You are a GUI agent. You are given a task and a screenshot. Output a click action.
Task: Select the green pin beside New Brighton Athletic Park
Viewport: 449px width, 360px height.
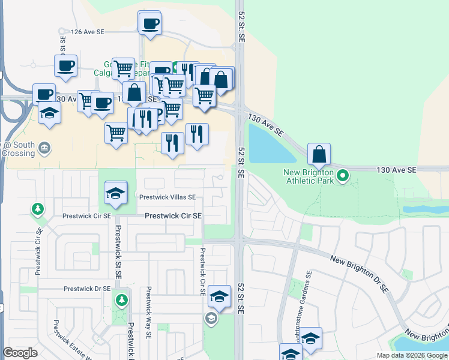point(343,176)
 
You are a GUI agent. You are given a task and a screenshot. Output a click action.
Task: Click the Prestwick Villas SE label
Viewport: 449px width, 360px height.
point(167,197)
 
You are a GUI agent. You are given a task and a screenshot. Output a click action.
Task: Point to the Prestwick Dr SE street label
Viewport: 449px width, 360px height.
point(87,289)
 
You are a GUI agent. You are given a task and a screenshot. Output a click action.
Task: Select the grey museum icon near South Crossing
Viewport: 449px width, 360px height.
point(44,148)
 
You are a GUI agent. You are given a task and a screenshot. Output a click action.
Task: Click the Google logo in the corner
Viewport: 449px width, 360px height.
point(20,353)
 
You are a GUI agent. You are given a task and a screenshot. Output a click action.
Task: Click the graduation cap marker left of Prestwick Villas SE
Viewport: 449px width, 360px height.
point(116,193)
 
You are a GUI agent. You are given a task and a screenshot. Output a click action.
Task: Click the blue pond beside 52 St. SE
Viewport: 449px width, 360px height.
point(268,145)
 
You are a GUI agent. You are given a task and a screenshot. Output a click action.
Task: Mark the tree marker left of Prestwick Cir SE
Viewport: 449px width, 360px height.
point(38,208)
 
